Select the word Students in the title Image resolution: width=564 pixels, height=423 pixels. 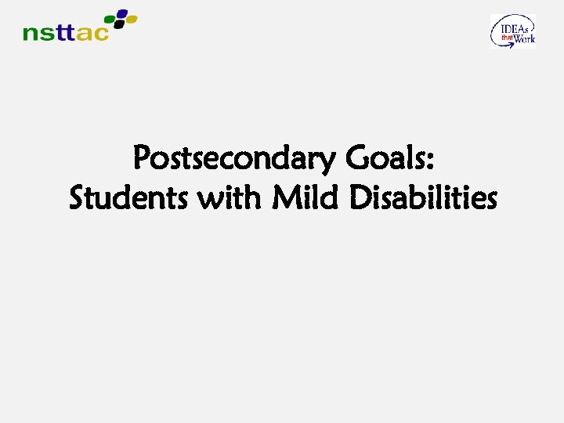(129, 198)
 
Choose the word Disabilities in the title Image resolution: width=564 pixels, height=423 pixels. (423, 198)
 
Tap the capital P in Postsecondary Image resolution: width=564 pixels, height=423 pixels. (143, 159)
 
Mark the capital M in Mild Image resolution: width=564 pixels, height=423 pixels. (284, 198)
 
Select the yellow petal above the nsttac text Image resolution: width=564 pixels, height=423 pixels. (131, 18)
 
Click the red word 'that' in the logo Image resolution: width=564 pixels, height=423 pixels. (506, 34)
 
